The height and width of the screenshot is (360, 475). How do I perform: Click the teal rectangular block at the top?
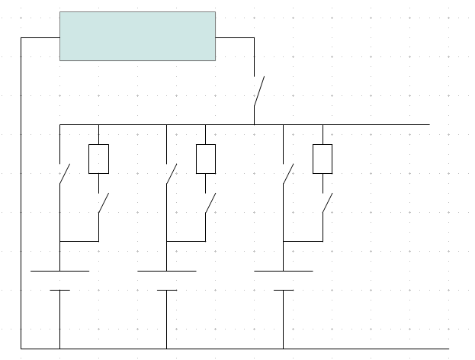[137, 36]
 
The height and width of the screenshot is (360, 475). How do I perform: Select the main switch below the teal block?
[259, 92]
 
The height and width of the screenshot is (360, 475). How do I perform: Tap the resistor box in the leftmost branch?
[99, 159]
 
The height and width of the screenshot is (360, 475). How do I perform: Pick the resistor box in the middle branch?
[206, 159]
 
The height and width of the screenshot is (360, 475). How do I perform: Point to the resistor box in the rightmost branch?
[323, 159]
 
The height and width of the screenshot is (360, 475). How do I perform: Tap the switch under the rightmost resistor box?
[326, 204]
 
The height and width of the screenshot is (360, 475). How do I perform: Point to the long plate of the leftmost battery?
[59, 271]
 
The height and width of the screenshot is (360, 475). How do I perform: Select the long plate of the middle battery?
[166, 271]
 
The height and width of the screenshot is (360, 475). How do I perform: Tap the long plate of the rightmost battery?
[283, 271]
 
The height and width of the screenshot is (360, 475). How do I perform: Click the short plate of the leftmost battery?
[59, 290]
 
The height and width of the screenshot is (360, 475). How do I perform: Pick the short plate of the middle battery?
[166, 290]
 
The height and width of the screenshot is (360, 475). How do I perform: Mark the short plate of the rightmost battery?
[283, 290]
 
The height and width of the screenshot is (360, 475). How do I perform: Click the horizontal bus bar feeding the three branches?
[366, 124]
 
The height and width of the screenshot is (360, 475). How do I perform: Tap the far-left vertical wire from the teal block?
[21, 191]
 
